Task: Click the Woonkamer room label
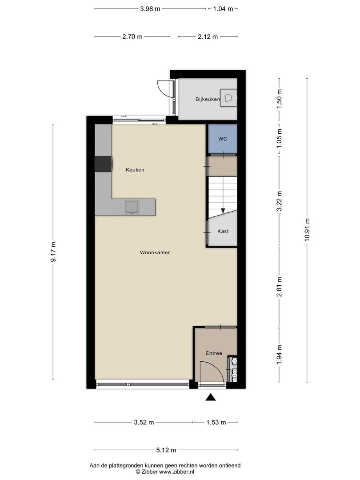click(x=155, y=252)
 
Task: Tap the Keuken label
click(x=135, y=170)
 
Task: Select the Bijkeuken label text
click(x=208, y=99)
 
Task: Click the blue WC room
click(x=223, y=139)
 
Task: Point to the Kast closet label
click(x=223, y=232)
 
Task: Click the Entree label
click(x=213, y=353)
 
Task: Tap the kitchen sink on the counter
click(x=132, y=207)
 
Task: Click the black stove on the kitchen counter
click(x=104, y=164)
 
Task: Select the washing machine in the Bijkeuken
click(x=229, y=97)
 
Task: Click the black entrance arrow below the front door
click(x=211, y=397)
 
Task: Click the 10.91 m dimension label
click(x=307, y=229)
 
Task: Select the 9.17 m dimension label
click(x=53, y=252)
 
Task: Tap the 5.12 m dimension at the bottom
click(x=166, y=450)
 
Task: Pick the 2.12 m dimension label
click(x=208, y=37)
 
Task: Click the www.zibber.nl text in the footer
click(x=178, y=471)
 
